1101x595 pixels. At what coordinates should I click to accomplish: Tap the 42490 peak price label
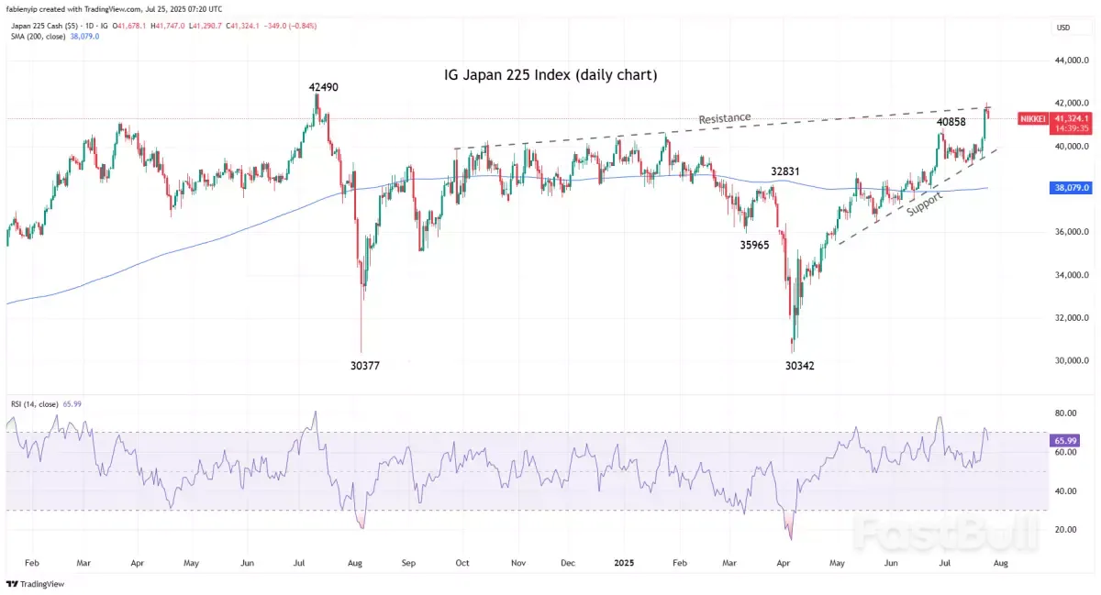tap(324, 87)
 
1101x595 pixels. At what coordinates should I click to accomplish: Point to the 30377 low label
tap(364, 365)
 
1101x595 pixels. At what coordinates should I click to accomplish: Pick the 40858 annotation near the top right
tap(951, 122)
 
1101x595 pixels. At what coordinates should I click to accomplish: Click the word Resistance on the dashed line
tap(724, 119)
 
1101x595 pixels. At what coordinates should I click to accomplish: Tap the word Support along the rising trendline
tap(924, 201)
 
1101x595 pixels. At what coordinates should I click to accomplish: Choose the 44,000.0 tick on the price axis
tap(1071, 61)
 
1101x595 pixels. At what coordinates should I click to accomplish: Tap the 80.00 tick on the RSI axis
tap(1065, 413)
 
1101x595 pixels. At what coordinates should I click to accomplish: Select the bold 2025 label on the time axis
tap(621, 563)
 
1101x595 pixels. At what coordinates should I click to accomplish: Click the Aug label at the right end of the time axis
tap(1000, 563)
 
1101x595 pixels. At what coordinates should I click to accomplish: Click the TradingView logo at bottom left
tap(28, 583)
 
